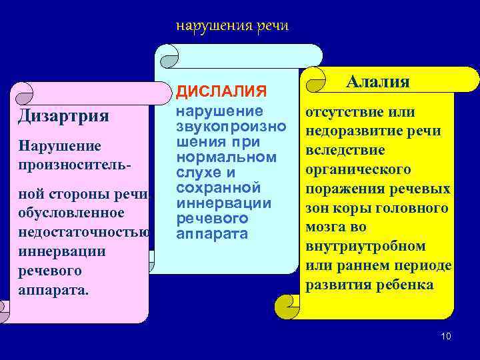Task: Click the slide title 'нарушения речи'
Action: [x=231, y=26]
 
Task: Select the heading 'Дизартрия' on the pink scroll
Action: [x=63, y=115]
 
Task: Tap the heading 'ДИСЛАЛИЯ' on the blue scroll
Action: [x=221, y=90]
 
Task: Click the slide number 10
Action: [x=446, y=337]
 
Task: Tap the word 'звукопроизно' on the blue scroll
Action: [x=231, y=126]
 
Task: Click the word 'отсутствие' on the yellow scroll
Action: [x=340, y=112]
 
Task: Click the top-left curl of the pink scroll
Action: [x=24, y=93]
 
